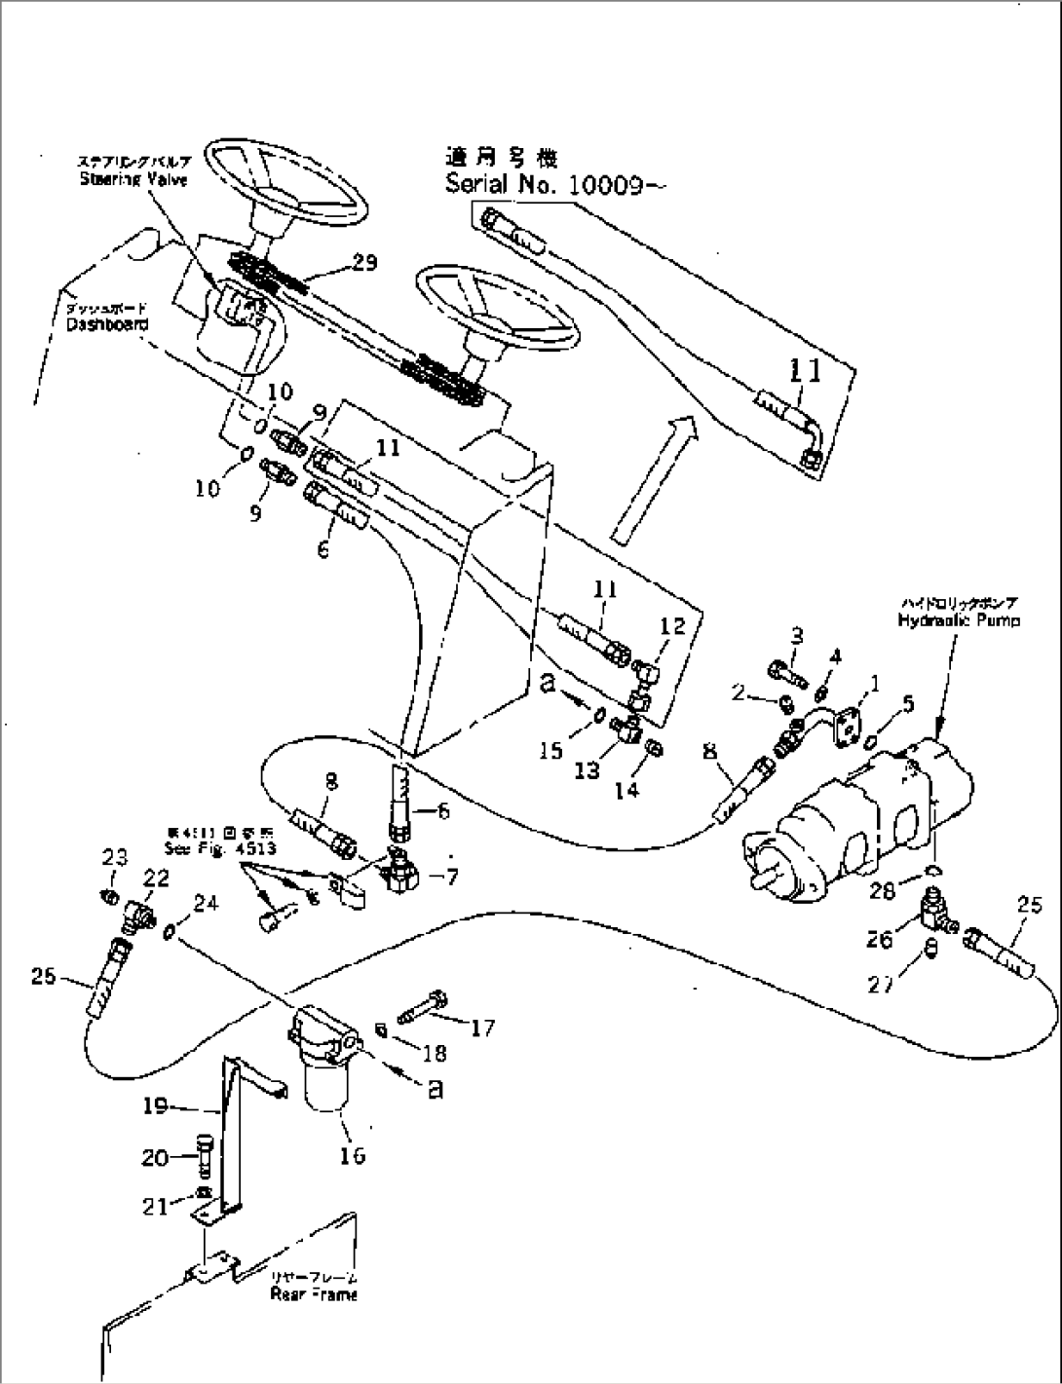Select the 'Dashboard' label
106,323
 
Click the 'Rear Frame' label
314,1294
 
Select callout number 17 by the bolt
482,1028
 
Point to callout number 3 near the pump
796,637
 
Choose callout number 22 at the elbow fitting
156,879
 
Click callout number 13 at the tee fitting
588,770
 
